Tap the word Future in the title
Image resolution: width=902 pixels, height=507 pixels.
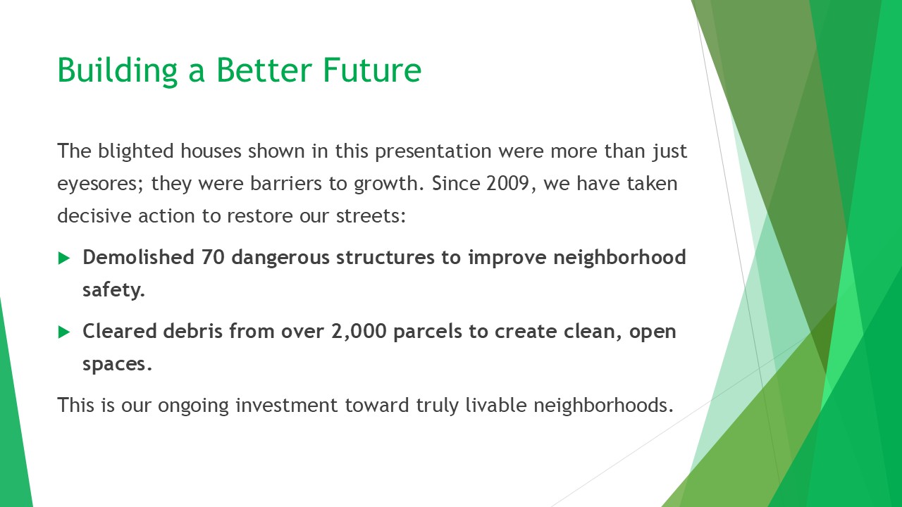pos(372,70)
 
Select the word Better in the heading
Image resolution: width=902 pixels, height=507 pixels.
pos(264,70)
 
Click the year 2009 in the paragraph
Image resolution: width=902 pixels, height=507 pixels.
pos(507,184)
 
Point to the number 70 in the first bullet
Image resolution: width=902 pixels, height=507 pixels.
pos(213,257)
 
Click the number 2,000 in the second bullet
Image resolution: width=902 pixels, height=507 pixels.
pos(359,332)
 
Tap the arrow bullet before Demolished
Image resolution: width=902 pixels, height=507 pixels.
pos(64,258)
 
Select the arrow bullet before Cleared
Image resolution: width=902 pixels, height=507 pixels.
pos(64,332)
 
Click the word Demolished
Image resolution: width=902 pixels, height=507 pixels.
pos(139,257)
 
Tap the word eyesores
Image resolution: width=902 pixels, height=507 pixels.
pos(98,184)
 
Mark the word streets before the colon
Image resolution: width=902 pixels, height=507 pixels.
pos(368,216)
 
